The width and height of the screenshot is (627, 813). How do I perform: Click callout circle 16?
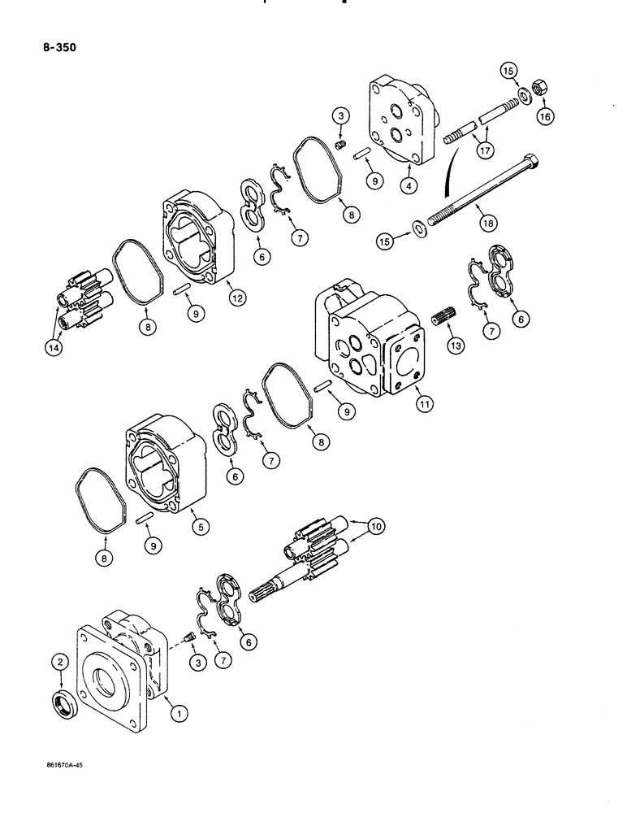click(x=545, y=117)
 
